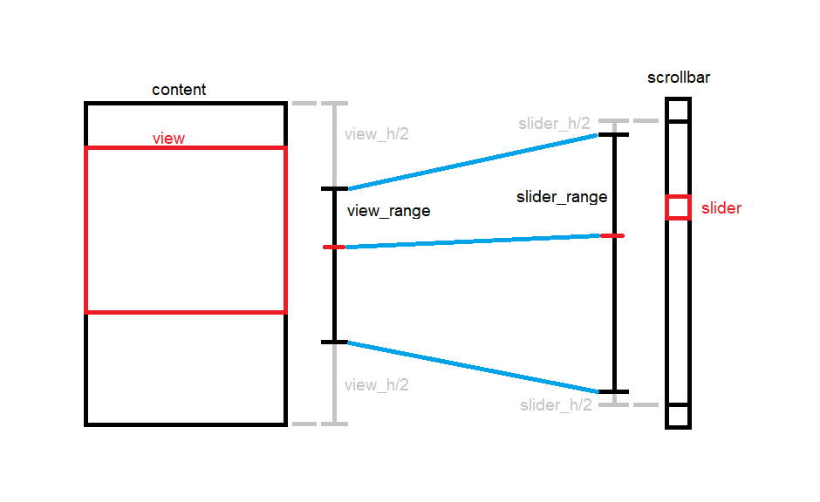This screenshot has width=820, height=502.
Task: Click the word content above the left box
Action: point(179,90)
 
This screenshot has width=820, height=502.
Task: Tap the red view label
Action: point(168,139)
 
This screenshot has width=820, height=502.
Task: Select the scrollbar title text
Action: point(678,78)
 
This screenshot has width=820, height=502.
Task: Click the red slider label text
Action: point(721,208)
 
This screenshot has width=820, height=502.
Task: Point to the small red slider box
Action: point(678,207)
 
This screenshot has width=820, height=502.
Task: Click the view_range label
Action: point(388,211)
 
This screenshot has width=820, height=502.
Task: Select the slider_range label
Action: point(562,197)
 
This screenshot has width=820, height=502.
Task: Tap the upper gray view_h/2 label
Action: point(377,134)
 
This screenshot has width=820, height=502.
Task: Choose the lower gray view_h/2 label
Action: point(377,384)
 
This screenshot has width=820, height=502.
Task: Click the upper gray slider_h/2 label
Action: point(554,124)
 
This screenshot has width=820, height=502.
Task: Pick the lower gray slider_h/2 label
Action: point(556,405)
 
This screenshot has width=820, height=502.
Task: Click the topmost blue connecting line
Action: point(472,162)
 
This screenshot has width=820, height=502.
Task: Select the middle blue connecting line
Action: point(472,241)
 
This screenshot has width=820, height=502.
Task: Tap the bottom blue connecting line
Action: point(472,367)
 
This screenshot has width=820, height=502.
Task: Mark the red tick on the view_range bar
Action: point(333,248)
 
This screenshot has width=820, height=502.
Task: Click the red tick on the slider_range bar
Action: point(612,235)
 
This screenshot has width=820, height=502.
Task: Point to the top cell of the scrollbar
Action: point(678,110)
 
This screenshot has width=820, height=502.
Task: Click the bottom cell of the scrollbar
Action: point(678,416)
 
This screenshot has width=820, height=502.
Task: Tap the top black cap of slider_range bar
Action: point(614,135)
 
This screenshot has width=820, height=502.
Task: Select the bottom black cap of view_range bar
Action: point(334,342)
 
